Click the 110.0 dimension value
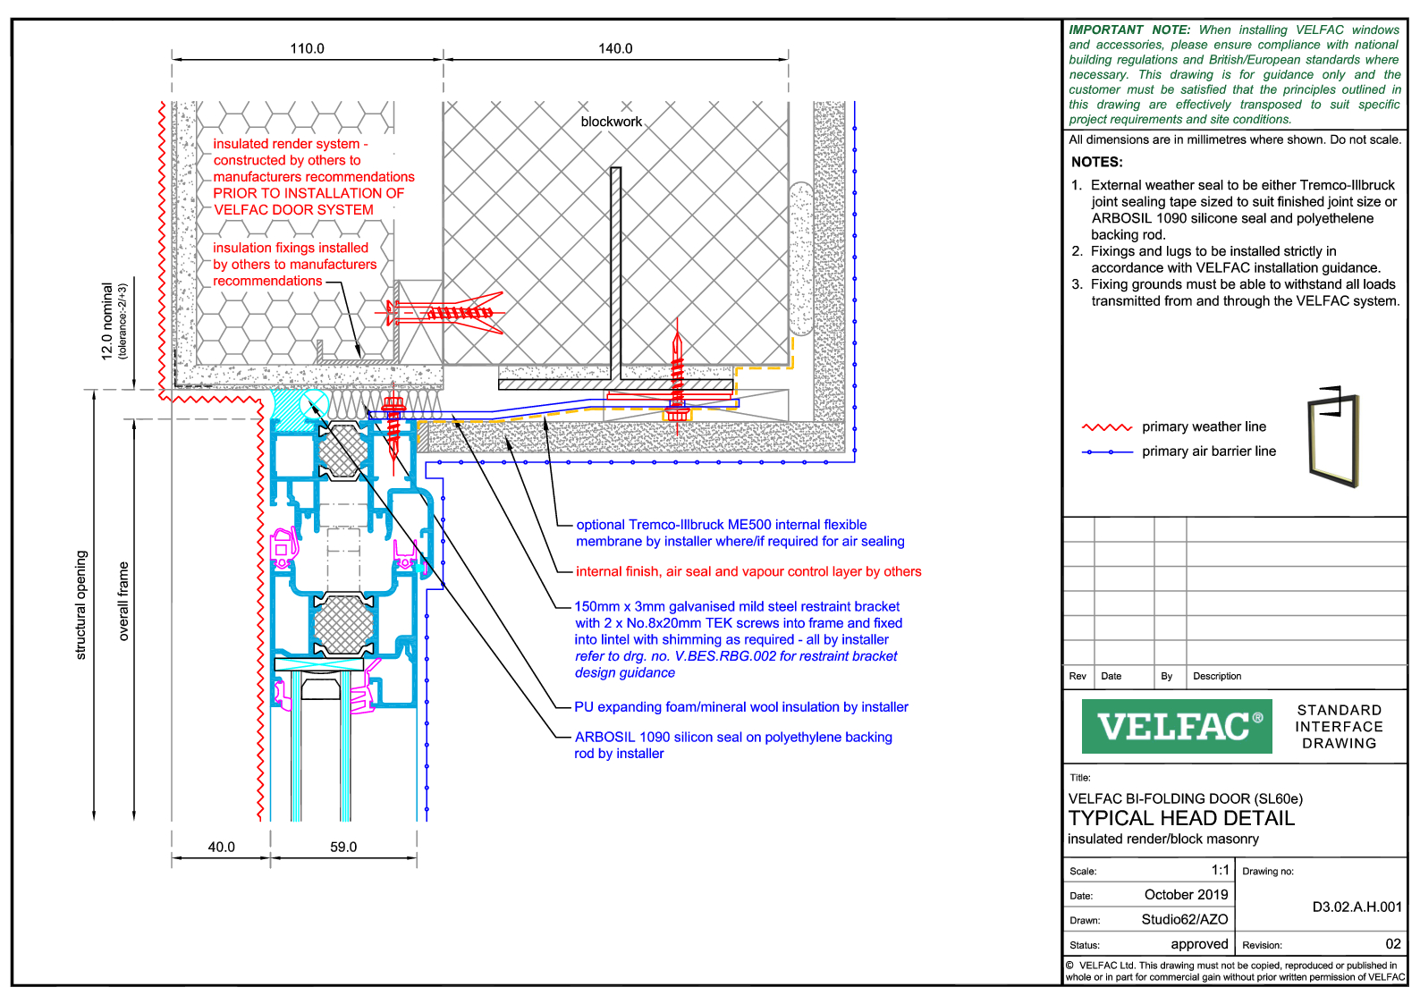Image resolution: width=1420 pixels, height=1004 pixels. (307, 48)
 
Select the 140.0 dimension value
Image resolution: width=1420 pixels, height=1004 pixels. (615, 48)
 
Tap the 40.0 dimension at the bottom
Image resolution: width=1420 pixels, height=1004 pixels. (221, 847)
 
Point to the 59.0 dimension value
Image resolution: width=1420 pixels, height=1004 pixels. (343, 847)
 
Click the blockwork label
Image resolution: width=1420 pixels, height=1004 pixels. (611, 122)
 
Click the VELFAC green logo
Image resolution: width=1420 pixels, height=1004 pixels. (1177, 726)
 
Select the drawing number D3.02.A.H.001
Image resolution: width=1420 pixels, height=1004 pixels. (1357, 907)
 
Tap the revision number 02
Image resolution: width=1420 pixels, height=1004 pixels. (1393, 943)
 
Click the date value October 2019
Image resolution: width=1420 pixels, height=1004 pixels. (1186, 894)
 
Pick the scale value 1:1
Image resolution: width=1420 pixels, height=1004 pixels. (1220, 870)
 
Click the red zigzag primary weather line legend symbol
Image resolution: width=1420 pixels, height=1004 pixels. (1107, 427)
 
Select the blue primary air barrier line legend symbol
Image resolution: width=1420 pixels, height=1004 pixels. (1107, 452)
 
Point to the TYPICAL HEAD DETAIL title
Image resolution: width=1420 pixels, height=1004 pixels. (1180, 818)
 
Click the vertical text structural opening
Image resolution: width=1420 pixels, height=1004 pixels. (81, 604)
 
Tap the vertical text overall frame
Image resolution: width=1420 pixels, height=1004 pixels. (123, 601)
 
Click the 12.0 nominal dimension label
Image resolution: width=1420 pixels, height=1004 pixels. (107, 321)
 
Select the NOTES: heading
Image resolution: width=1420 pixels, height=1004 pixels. (1096, 162)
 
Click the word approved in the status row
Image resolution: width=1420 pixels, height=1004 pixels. (1199, 944)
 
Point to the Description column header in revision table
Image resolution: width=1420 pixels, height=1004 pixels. (1216, 676)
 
